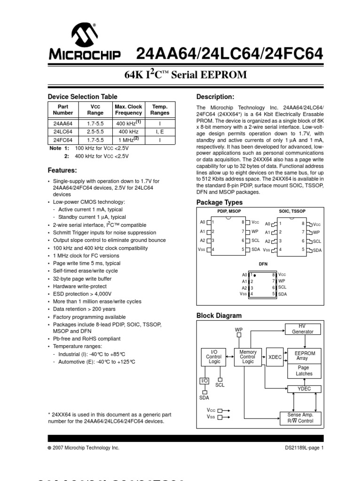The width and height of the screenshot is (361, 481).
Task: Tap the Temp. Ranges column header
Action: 160,109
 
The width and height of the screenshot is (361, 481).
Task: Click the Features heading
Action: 63,170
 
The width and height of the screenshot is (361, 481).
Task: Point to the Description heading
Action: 215,97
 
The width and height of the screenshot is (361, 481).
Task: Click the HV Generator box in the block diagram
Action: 302,328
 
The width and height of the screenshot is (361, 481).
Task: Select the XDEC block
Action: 275,357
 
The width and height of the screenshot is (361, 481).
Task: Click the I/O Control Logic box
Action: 213,357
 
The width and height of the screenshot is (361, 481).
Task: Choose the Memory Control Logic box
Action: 248,357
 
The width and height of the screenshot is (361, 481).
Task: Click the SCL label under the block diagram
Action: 220,385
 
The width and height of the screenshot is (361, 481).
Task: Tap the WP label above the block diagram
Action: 238,330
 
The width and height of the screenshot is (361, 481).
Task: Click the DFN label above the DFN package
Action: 263,264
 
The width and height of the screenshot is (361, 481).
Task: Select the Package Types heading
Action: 219,202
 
